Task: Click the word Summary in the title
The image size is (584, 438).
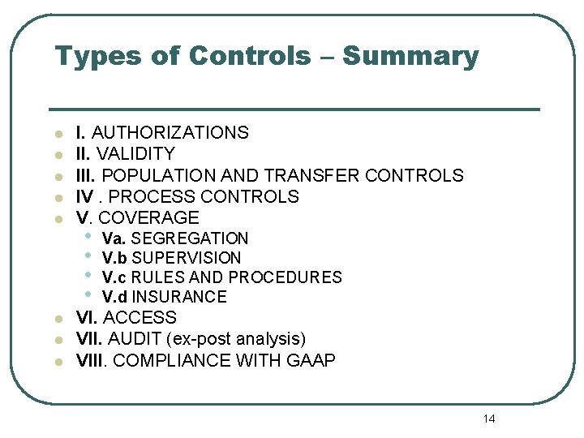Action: [x=410, y=57]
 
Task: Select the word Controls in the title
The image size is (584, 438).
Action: [x=249, y=57]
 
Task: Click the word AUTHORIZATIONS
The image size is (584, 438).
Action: [x=170, y=132]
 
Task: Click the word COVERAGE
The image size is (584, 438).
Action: [x=148, y=217]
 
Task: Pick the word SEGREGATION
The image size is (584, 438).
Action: [x=190, y=238]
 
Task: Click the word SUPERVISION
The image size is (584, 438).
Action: [x=187, y=258]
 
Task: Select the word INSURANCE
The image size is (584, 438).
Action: [x=179, y=297]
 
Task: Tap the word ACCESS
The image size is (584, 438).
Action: [x=140, y=318]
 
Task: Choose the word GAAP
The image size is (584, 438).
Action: [x=311, y=360]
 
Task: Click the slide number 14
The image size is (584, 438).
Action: [x=488, y=419]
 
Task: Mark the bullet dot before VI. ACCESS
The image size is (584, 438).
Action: [x=58, y=319]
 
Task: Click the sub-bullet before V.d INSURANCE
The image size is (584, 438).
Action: [x=88, y=295]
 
